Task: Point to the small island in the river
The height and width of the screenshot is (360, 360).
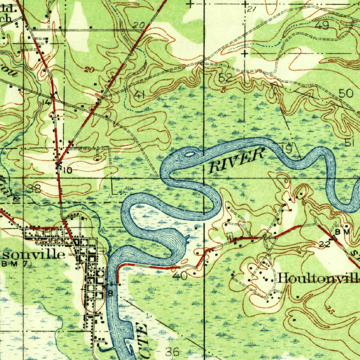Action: tap(189, 154)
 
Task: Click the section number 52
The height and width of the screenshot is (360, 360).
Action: tap(225, 78)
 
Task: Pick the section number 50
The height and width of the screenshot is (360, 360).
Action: tap(346, 93)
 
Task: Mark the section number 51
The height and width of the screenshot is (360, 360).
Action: tap(349, 142)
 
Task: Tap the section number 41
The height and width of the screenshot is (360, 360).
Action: tap(140, 95)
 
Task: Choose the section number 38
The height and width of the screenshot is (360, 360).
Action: tap(34, 189)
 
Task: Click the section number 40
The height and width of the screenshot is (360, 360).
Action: tap(180, 276)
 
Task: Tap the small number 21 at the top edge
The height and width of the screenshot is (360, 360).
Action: tap(251, 9)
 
